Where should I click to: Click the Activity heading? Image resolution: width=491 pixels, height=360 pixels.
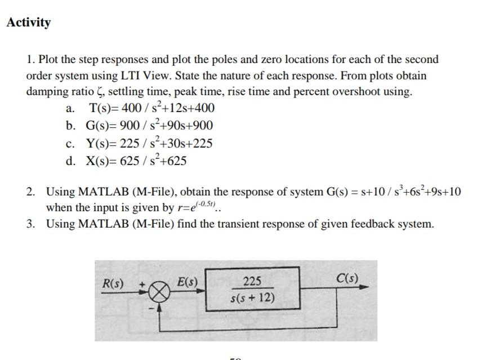click(28, 23)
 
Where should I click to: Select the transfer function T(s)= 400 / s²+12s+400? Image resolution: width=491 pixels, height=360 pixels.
click(150, 108)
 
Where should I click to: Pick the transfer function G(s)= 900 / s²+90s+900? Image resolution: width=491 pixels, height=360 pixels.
click(150, 126)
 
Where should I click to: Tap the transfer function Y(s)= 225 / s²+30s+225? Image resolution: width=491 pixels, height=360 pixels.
click(149, 143)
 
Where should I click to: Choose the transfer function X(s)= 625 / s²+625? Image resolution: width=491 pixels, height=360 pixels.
click(135, 161)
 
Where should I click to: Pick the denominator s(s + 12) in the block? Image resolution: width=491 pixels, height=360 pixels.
click(252, 296)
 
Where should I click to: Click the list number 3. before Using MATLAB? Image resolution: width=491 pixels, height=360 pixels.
click(31, 224)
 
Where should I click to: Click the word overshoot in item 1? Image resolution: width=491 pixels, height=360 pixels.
click(359, 92)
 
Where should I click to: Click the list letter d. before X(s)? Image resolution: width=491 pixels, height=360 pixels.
click(71, 161)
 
